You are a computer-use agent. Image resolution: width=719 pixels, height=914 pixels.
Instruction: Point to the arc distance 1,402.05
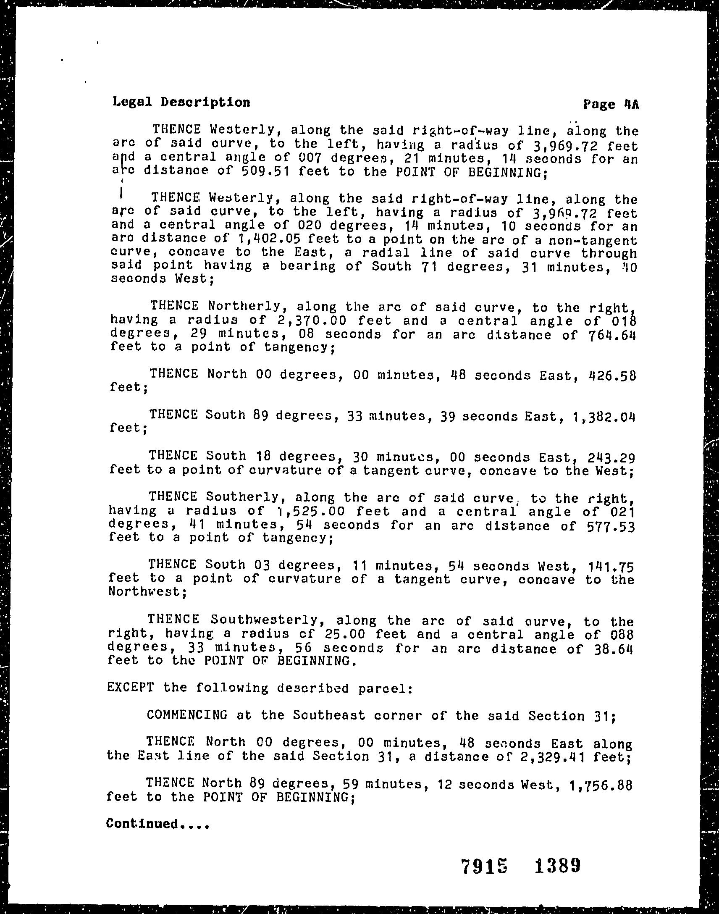tap(270, 239)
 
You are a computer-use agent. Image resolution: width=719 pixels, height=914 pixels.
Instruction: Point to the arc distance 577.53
tap(610, 526)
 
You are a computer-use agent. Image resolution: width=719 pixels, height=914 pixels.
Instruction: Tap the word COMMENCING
tap(187, 715)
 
